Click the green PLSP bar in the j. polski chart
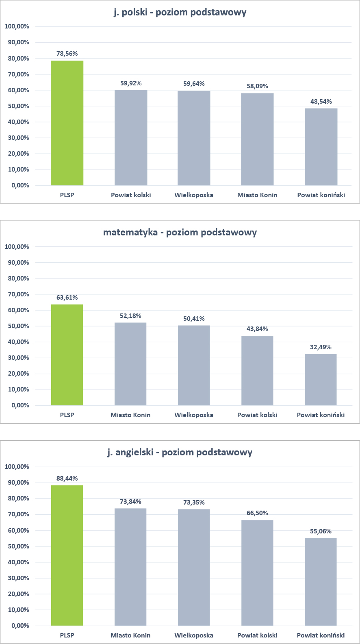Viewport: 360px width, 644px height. (67, 123)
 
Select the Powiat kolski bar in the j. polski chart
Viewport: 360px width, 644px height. (131, 137)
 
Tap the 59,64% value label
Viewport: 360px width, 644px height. (194, 84)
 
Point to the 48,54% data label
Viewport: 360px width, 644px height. (321, 102)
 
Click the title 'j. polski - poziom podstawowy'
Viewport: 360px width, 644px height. (180, 12)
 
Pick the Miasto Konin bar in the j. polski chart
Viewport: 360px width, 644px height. (257, 139)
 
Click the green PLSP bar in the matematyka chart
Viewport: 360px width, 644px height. (67, 355)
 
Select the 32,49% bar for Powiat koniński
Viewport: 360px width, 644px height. (321, 379)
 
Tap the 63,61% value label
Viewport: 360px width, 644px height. (67, 298)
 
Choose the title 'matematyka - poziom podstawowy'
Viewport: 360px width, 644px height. (180, 232)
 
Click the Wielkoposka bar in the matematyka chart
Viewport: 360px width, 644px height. (194, 365)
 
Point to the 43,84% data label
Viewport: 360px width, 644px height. (257, 329)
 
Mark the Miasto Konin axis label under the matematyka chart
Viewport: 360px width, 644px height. (130, 415)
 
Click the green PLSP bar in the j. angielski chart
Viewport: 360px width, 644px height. (67, 555)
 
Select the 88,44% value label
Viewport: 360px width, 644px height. (67, 479)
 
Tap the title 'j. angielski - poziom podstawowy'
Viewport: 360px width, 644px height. (180, 452)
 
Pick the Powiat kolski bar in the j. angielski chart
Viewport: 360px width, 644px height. (257, 572)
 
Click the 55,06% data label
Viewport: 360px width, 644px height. (321, 531)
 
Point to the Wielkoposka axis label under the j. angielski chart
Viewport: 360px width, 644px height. (194, 635)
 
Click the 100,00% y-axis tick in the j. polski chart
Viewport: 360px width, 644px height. (17, 26)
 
